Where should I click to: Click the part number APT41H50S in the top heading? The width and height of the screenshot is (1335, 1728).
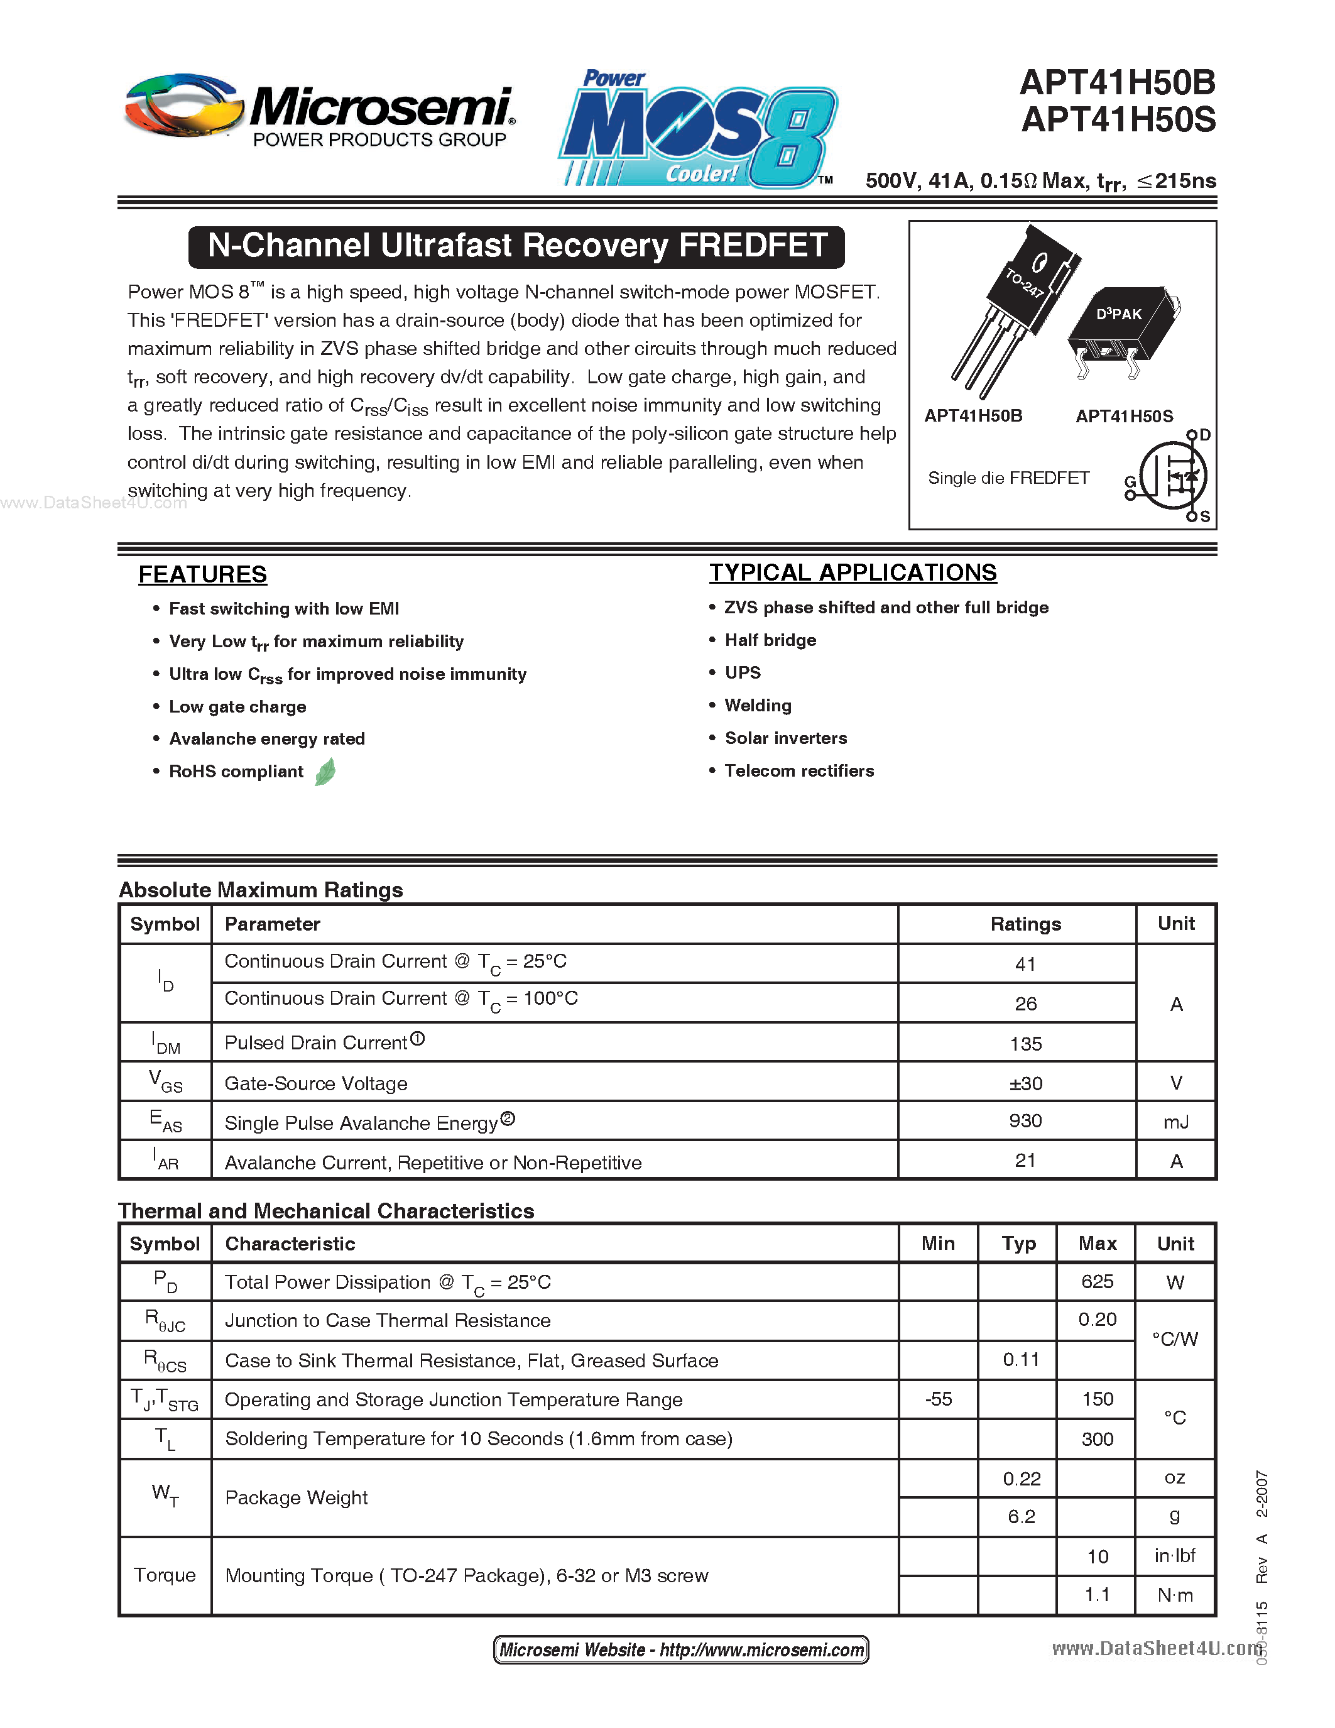[1118, 120]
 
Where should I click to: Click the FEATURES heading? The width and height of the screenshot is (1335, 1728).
[202, 574]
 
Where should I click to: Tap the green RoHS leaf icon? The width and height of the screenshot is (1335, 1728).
[325, 772]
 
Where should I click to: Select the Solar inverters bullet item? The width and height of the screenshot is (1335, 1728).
[785, 738]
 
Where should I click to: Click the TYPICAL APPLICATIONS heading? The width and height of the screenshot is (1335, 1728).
[853, 573]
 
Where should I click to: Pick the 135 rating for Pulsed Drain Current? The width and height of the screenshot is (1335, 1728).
[1025, 1044]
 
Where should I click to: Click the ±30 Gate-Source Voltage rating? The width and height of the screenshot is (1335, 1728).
[1025, 1083]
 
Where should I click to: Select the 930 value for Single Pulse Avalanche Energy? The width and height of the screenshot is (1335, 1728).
[1025, 1121]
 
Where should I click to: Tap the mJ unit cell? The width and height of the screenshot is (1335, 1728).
[1175, 1122]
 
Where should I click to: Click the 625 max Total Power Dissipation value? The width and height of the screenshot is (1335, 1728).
[1097, 1282]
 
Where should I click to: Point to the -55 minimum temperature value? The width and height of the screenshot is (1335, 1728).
[938, 1399]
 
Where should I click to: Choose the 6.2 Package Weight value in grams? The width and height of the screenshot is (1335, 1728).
[1020, 1517]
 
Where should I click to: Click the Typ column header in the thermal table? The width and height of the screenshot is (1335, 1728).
[1018, 1244]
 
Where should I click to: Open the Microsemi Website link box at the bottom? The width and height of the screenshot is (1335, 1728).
[681, 1649]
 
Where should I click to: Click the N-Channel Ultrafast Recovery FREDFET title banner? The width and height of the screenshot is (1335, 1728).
[516, 246]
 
